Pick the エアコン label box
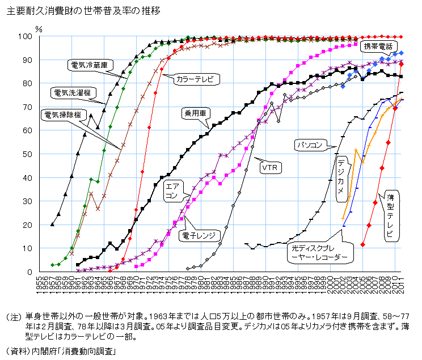point(171,190)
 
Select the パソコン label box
point(310,146)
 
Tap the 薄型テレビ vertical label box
point(391,216)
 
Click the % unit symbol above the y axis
point(39,27)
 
